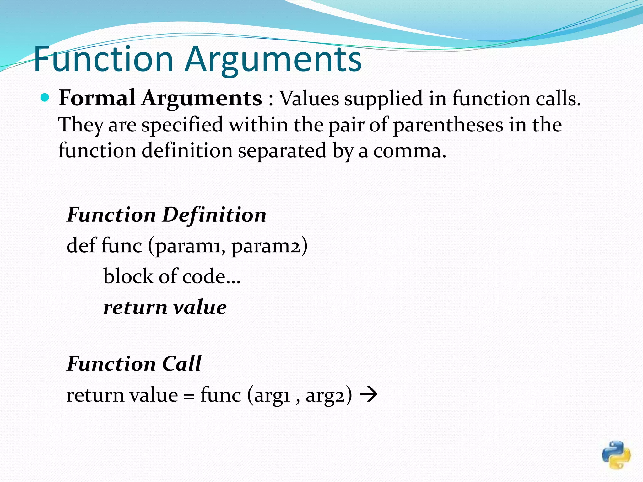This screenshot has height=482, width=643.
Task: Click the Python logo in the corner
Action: point(616,455)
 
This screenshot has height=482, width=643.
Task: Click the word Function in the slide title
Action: point(104,59)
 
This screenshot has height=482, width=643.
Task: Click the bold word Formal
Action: point(97,98)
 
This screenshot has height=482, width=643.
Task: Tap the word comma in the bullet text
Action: point(409,151)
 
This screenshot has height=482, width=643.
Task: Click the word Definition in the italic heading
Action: point(214,215)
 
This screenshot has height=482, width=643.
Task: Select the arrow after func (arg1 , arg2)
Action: point(369,395)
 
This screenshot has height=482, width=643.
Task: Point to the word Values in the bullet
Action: point(309,99)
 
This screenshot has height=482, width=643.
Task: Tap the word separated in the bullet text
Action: point(282,151)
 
